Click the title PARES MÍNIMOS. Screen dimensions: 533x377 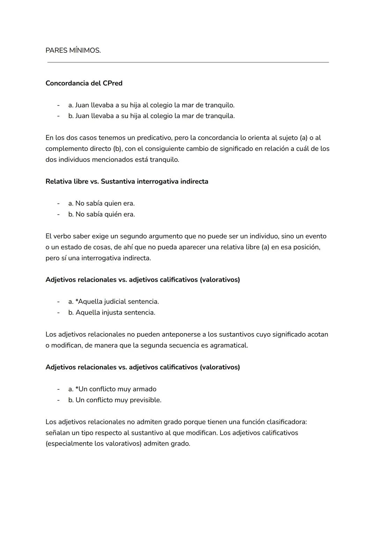click(73, 50)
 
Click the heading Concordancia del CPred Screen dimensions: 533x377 click(84, 83)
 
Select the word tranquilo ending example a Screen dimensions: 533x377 click(220, 105)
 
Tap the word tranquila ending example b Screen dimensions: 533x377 click(220, 116)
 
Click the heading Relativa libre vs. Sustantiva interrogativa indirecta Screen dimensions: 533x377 click(127, 181)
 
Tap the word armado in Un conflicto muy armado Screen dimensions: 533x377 click(145, 389)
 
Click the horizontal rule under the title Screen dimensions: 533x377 click(188, 62)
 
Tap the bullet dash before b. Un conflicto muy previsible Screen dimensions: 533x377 click(59, 400)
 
